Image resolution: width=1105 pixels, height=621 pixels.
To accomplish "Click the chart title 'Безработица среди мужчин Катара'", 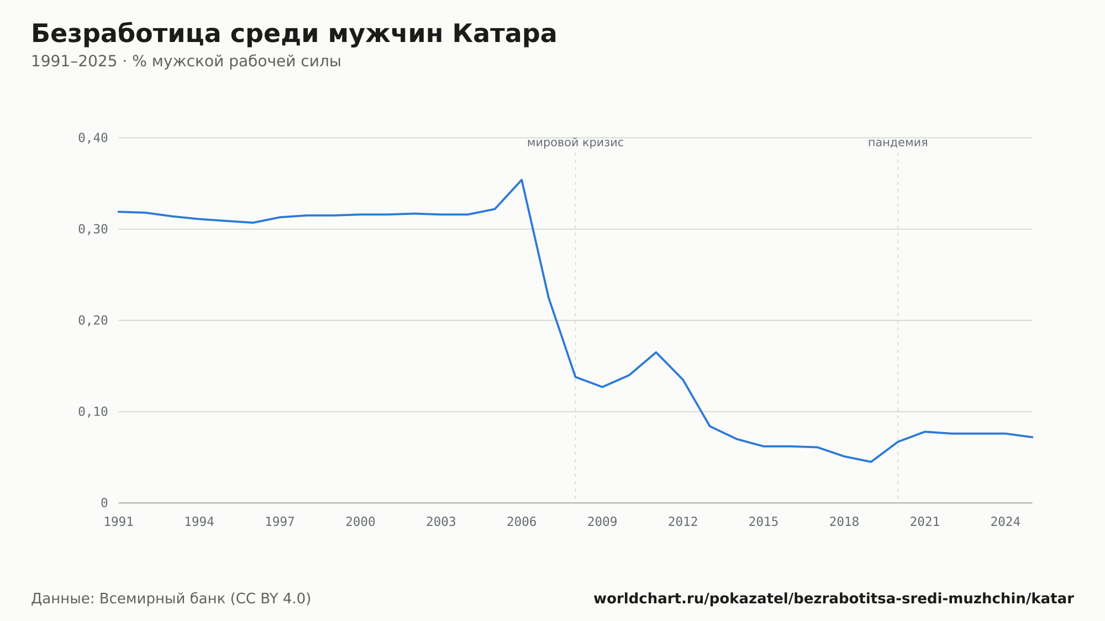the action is (x=294, y=34).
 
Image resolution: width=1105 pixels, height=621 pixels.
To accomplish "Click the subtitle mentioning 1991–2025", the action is (x=186, y=61).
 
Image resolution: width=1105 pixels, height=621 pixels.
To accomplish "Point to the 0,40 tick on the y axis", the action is (x=93, y=138).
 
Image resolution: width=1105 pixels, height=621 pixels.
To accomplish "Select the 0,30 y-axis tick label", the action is (x=93, y=229).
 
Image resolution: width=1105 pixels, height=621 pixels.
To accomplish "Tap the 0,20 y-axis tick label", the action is (x=93, y=320).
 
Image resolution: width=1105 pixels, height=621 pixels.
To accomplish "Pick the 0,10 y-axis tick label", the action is (x=93, y=412).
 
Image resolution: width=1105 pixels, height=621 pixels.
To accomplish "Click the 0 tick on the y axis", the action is (x=104, y=503).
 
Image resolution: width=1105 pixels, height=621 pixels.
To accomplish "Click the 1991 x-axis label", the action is (x=119, y=522).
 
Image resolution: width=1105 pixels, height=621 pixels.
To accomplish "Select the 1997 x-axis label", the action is (x=280, y=522).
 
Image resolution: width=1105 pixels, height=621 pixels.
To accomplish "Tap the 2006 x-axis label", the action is (x=522, y=522).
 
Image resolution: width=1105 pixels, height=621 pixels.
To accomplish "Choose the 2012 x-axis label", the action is (x=683, y=522).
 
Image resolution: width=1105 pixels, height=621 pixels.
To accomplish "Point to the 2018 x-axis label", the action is (x=844, y=522).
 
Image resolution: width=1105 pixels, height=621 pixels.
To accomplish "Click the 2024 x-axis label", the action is (x=1006, y=522).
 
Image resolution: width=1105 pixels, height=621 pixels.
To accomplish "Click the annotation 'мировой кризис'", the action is (x=575, y=143).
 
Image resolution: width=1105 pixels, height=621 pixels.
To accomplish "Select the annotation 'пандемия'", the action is (x=898, y=143).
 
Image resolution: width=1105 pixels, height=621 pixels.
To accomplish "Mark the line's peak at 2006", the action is (x=522, y=180).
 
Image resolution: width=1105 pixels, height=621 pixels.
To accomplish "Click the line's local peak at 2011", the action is (x=656, y=352).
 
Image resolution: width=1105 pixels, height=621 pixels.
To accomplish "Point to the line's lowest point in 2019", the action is (x=871, y=462).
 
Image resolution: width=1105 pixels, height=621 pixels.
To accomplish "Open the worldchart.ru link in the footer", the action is (x=834, y=599).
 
